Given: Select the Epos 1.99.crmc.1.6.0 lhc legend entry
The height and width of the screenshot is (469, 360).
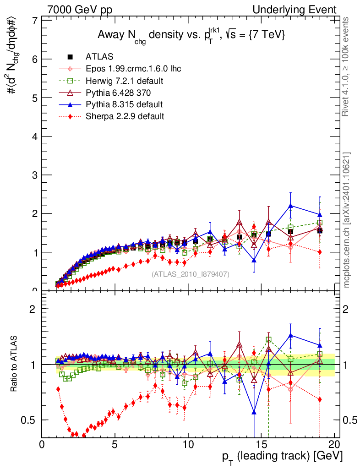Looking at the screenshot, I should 133,69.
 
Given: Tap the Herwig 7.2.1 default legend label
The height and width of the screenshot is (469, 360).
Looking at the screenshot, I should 125,81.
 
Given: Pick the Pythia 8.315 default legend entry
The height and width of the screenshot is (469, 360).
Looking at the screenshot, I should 124,104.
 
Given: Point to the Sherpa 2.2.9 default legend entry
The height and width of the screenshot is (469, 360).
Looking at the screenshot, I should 125,116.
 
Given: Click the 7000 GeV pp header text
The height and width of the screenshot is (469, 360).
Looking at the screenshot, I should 80,10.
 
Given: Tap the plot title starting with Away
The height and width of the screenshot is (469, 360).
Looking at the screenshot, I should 191,35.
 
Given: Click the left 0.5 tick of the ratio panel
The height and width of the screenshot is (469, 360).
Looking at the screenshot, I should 31,420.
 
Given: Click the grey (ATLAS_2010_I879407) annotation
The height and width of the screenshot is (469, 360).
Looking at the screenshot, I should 191,274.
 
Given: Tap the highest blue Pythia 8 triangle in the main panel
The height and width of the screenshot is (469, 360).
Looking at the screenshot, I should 290,206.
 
